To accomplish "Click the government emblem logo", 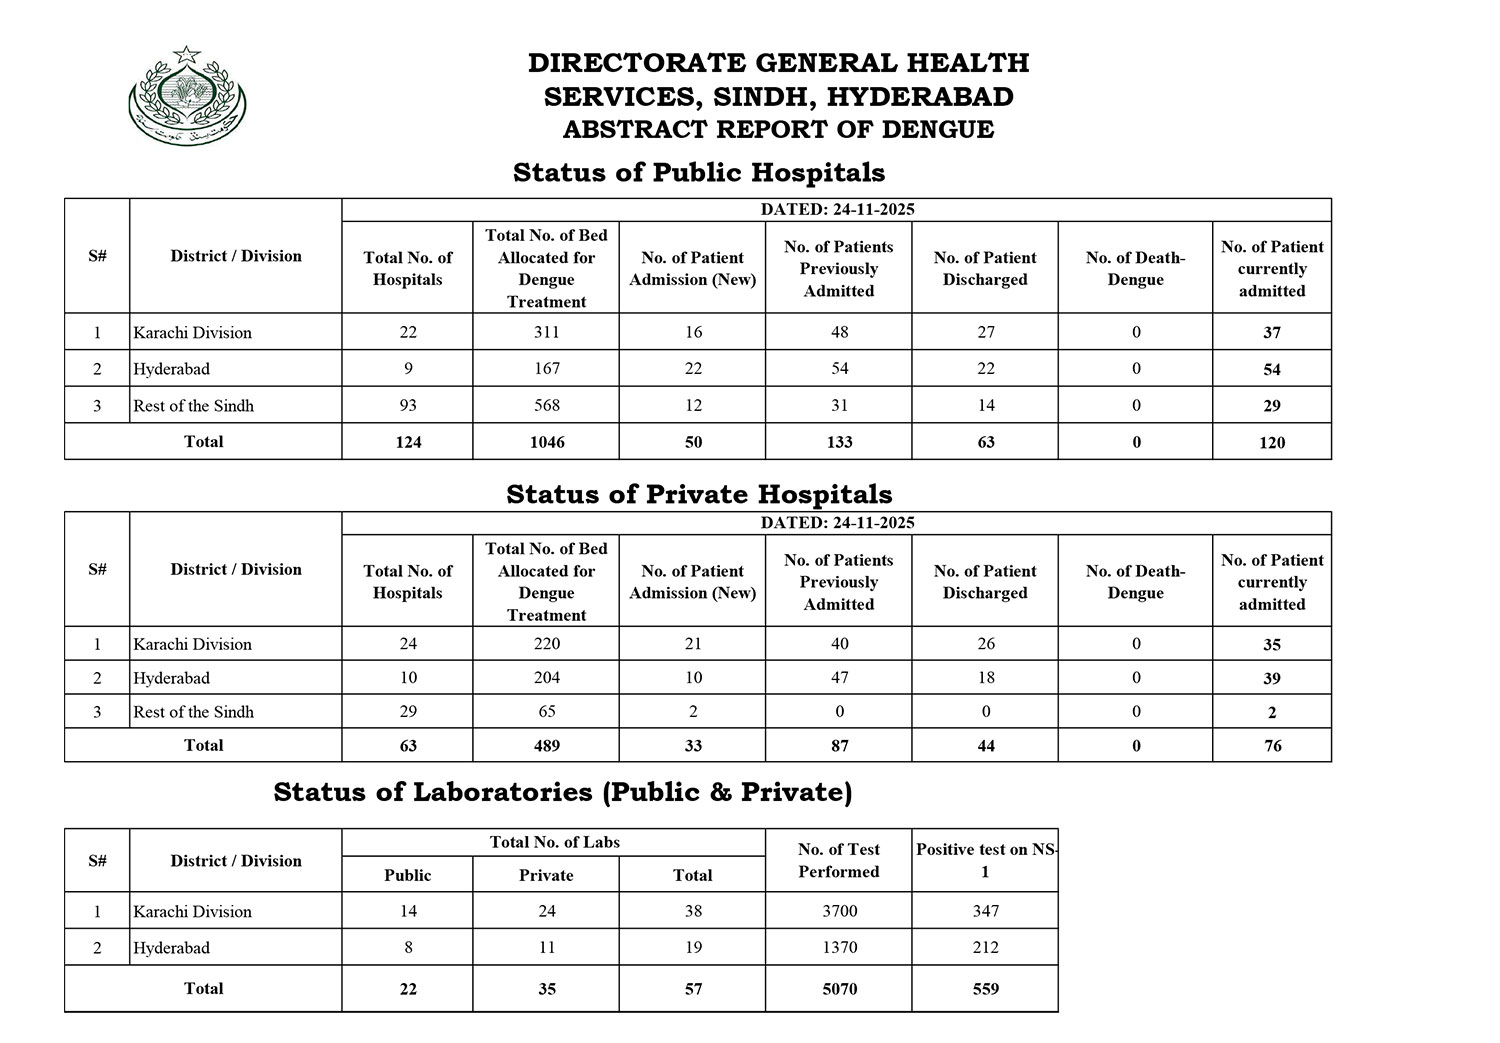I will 187,97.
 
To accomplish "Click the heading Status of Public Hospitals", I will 698,173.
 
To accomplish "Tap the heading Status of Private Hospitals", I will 698,494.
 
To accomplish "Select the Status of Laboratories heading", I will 562,792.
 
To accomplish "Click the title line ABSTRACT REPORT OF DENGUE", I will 777,130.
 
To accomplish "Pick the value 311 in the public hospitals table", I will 546,332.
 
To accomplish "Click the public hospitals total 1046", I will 546,442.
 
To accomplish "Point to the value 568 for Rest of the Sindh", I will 546,405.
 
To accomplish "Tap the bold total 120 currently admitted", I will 1271,443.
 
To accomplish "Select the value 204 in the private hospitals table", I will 546,678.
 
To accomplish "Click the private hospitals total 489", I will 546,746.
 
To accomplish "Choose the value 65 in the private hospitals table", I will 546,712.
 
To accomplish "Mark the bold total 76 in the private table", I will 1271,746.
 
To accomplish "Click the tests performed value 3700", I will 838,911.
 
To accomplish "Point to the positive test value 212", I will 984,947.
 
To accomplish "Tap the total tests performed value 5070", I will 838,989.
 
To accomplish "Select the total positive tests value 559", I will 984,989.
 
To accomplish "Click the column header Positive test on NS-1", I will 984,860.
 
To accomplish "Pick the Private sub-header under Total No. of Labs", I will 546,875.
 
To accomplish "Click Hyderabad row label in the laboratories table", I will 171,948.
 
